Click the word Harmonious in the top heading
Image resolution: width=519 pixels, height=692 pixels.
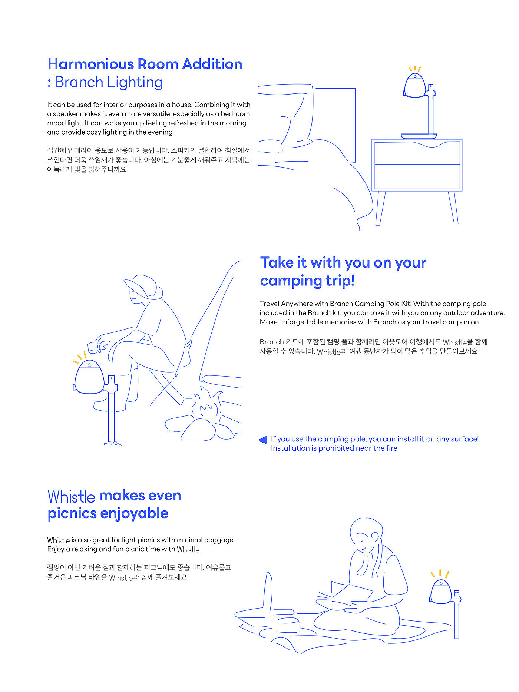(90, 64)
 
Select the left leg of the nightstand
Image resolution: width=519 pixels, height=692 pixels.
(380, 208)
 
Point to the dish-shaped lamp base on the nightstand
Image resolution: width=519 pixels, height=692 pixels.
(419, 136)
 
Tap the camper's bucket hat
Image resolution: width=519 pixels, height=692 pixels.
(144, 287)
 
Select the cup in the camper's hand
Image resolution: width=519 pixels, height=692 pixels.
(93, 347)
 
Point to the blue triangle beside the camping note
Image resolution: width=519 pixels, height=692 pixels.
(263, 440)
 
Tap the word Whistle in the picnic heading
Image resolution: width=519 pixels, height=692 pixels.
(71, 496)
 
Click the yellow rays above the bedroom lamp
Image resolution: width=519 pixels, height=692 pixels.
(415, 69)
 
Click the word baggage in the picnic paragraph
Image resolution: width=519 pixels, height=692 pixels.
(219, 540)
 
